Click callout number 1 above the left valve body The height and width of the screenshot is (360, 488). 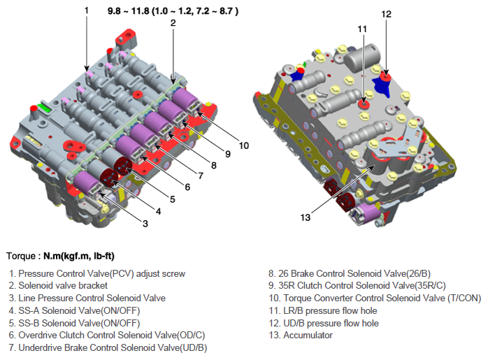tap(87, 10)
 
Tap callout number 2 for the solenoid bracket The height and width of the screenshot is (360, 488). tap(173, 23)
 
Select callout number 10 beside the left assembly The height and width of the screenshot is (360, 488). tap(244, 145)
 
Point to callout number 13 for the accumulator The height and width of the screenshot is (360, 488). tap(306, 217)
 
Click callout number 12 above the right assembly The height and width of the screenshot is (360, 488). tap(386, 14)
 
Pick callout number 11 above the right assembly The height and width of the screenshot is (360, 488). tap(362, 29)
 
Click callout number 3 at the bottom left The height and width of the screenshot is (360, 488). tap(145, 224)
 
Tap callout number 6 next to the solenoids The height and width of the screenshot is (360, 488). tap(187, 187)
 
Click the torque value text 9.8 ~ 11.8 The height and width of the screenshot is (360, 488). tap(128, 11)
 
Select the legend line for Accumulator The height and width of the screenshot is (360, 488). tap(301, 336)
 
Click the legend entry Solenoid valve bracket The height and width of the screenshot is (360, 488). tap(58, 286)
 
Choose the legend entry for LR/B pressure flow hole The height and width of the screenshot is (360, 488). tap(323, 311)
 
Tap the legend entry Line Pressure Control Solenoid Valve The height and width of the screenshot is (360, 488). tap(87, 298)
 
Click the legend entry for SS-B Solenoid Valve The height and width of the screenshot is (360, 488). tap(74, 323)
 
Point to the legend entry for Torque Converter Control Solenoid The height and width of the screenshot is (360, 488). tap(375, 298)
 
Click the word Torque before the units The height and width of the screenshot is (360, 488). tap(21, 256)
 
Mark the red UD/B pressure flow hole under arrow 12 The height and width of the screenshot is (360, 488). tap(386, 76)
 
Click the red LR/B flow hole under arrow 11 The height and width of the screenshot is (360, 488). tap(364, 104)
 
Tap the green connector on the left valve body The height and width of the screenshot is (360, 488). tap(44, 108)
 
